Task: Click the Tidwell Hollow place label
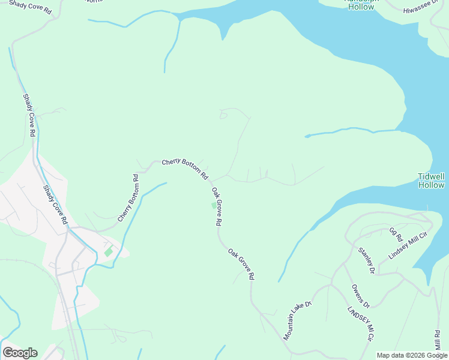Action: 431,181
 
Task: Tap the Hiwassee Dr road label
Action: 421,8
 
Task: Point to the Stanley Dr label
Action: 366,260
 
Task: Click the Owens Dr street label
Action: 360,296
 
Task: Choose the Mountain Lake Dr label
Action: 298,320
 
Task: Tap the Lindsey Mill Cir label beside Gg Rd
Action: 410,244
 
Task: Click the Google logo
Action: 20,353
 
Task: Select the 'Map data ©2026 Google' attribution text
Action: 412,355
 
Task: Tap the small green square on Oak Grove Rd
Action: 213,206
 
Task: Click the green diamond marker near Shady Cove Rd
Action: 108,252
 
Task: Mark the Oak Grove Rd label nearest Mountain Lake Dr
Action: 241,264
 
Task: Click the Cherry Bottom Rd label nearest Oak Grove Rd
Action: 185,169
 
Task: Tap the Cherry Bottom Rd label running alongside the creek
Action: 128,198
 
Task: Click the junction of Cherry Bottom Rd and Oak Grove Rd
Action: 211,180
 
